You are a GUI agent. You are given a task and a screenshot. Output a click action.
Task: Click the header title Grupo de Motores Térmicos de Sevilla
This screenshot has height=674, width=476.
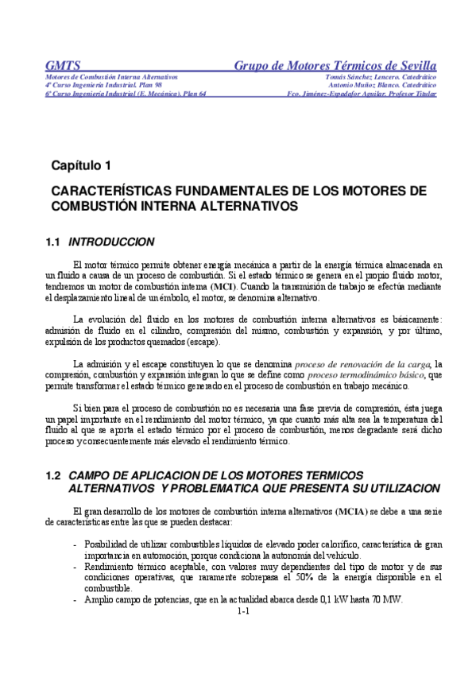(x=335, y=64)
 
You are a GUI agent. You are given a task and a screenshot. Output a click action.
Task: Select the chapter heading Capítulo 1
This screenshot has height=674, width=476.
(x=82, y=166)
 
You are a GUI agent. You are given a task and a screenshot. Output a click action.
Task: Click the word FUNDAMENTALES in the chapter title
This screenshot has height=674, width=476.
(x=225, y=192)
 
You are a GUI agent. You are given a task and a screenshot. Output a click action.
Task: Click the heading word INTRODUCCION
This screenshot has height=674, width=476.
(x=112, y=242)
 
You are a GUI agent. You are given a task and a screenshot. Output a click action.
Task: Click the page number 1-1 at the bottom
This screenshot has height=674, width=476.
(x=244, y=611)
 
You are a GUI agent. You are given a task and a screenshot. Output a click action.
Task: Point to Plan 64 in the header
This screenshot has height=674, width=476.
(x=191, y=93)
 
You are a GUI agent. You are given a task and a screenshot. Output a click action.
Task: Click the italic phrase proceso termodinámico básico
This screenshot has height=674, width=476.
(x=366, y=374)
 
